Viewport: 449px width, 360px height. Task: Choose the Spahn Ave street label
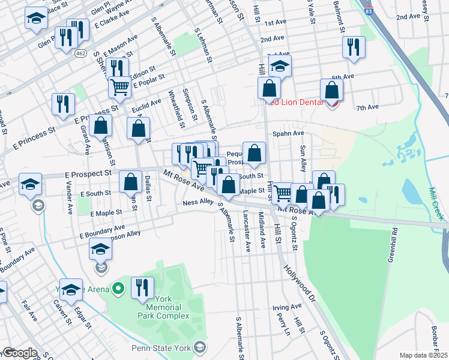pyautogui.click(x=288, y=134)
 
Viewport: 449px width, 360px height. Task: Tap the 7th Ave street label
pyautogui.click(x=367, y=107)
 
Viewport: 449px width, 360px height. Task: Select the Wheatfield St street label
pyautogui.click(x=179, y=105)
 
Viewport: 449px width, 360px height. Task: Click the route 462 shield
pyautogui.click(x=80, y=54)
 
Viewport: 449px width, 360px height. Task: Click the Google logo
pyautogui.click(x=19, y=353)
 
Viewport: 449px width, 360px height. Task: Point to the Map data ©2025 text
pyautogui.click(x=423, y=355)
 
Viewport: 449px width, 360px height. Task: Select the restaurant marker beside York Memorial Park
pyautogui.click(x=143, y=287)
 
